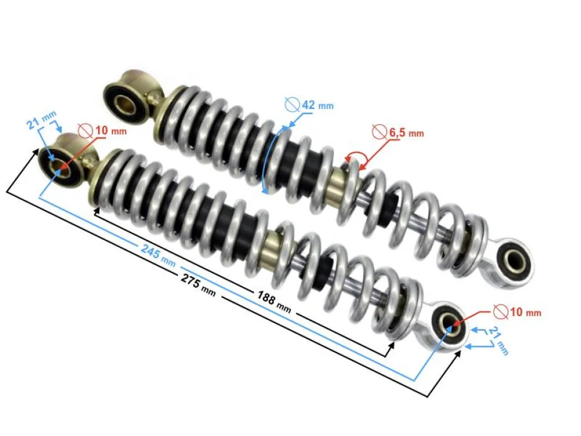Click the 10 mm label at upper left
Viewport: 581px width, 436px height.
(111, 130)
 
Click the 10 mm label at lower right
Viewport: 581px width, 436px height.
(524, 312)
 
